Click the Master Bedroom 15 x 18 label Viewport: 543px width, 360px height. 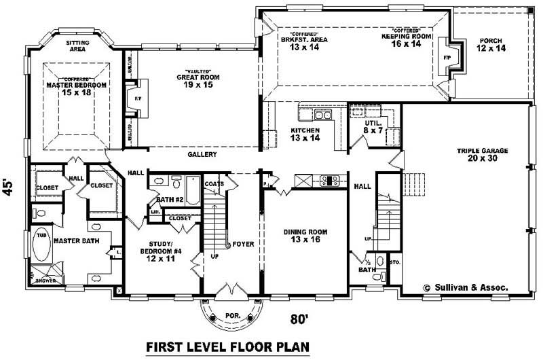(x=77, y=88)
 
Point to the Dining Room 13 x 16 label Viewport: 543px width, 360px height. (x=305, y=236)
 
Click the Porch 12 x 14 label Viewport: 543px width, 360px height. (x=490, y=45)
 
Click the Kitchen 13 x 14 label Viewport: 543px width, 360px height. (x=305, y=134)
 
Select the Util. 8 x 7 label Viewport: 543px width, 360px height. (x=373, y=125)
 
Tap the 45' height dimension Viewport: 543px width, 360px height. (x=9, y=186)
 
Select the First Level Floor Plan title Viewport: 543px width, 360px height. (x=228, y=347)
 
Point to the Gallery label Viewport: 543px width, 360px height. (x=202, y=155)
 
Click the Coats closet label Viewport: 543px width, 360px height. (x=214, y=184)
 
